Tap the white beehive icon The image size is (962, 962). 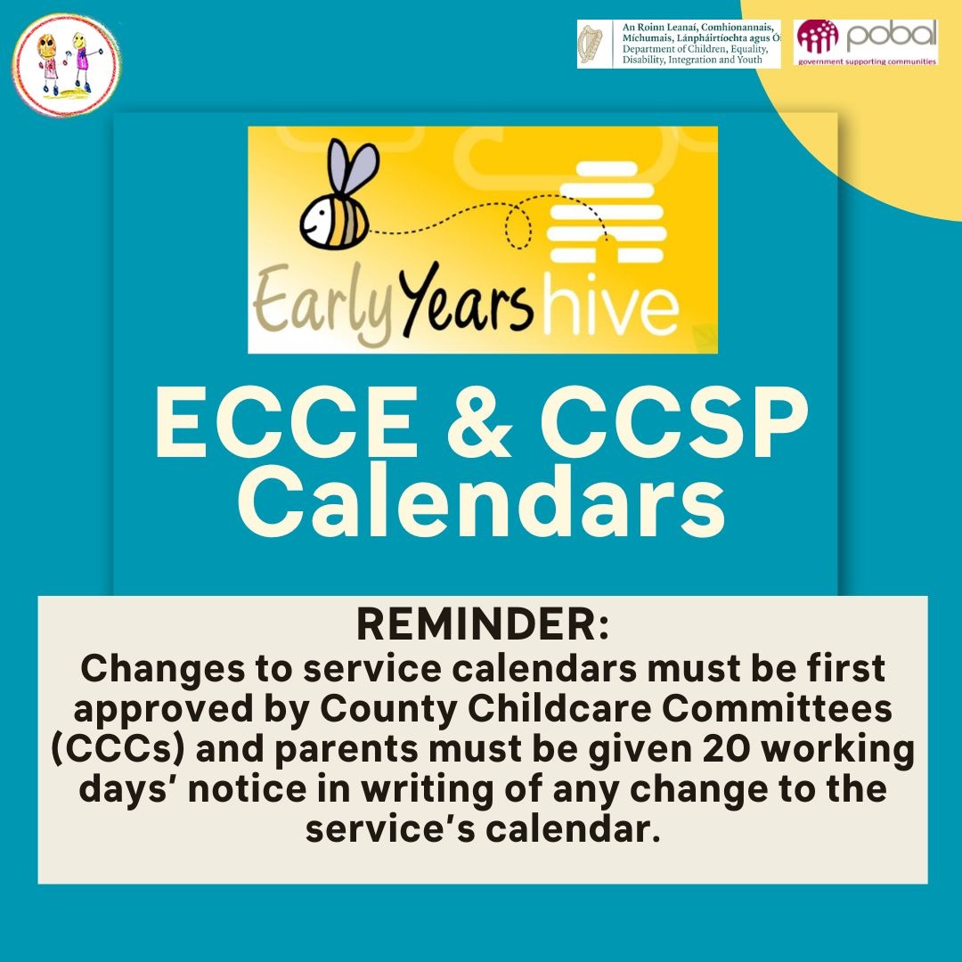point(607,213)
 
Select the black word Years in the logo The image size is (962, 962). point(466,298)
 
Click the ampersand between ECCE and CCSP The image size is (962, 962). point(480,422)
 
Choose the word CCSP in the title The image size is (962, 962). point(673,422)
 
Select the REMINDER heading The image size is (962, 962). point(483,624)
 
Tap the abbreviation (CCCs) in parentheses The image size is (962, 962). point(118,749)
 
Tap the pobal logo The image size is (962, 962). point(866,43)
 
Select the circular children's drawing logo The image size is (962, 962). point(66,65)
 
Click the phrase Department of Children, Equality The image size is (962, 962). point(695,49)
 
